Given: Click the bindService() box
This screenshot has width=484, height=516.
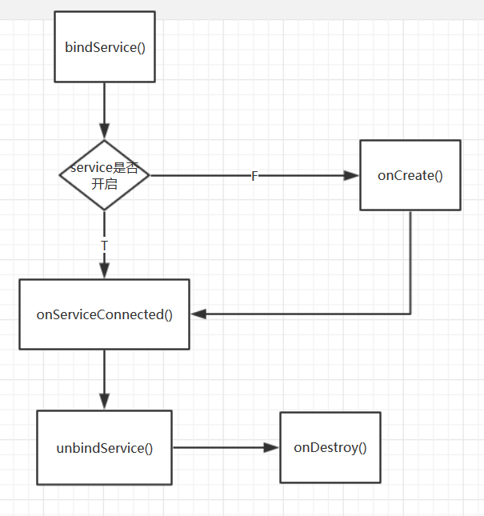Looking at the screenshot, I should click(x=104, y=46).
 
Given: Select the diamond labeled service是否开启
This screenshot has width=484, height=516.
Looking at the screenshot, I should click(x=104, y=175).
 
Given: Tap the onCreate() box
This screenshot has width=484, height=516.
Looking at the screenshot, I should click(x=410, y=175).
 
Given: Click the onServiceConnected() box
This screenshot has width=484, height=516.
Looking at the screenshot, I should click(x=104, y=314).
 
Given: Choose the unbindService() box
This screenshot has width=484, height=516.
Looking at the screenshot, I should click(x=104, y=447).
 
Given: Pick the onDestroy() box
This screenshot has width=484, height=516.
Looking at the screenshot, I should click(x=330, y=447).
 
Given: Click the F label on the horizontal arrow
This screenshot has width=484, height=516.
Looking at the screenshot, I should click(x=254, y=176).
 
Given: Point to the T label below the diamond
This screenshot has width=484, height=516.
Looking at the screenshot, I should click(x=104, y=243).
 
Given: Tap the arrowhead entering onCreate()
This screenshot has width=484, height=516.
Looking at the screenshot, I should click(x=351, y=176).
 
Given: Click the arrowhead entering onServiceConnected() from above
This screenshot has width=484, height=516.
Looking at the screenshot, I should click(x=104, y=271).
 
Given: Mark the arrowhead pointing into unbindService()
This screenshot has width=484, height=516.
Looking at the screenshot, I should click(x=104, y=402).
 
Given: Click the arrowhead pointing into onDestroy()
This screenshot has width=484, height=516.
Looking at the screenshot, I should click(x=271, y=448).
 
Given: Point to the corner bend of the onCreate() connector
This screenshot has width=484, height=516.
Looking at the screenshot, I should click(x=410, y=314).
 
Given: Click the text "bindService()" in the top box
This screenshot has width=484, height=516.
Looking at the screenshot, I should click(x=104, y=46).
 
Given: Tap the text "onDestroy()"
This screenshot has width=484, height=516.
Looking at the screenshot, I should click(x=330, y=447).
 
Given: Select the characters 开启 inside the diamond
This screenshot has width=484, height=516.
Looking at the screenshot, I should click(x=104, y=182).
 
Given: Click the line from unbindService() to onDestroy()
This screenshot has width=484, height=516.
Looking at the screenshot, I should click(x=220, y=448).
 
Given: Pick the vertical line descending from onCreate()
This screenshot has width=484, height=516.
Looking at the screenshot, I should click(x=410, y=260).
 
